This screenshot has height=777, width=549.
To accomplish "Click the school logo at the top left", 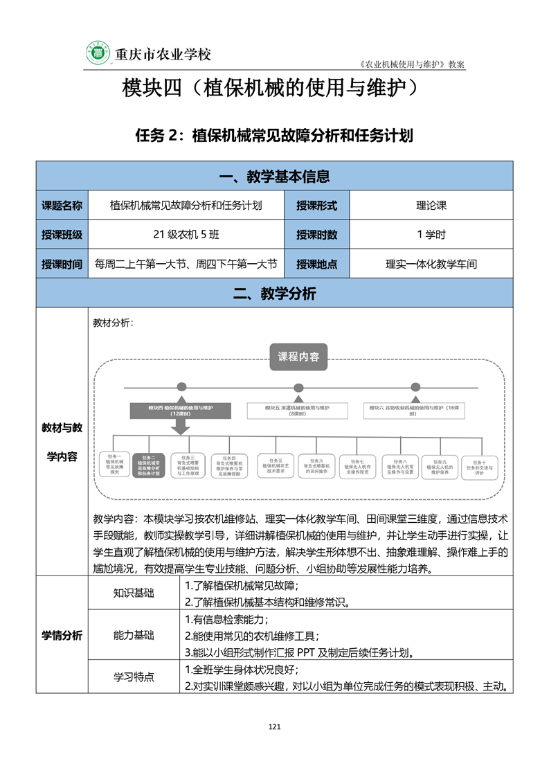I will pyautogui.click(x=98, y=54).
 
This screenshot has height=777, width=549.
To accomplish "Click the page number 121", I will pyautogui.click(x=274, y=726).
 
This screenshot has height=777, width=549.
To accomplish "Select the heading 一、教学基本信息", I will pyautogui.click(x=274, y=177).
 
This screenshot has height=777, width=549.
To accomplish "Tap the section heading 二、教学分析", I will pyautogui.click(x=274, y=294).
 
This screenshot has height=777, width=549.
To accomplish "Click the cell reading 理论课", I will pyautogui.click(x=431, y=205).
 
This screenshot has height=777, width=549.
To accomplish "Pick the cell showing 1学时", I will pyautogui.click(x=431, y=235).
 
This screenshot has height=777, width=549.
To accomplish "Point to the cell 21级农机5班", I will pyautogui.click(x=186, y=235).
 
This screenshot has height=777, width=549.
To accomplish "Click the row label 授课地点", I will pyautogui.click(x=316, y=264).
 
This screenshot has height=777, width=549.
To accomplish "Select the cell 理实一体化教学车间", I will pyautogui.click(x=431, y=264).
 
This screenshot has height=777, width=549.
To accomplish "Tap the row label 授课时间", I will pyautogui.click(x=62, y=264).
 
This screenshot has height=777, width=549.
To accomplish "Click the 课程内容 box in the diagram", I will pyautogui.click(x=298, y=357).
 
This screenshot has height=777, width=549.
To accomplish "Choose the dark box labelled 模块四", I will pyautogui.click(x=180, y=411).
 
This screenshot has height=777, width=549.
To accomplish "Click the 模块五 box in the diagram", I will pyautogui.click(x=298, y=411).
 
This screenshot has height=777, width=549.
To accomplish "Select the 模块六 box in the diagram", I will pyautogui.click(x=415, y=411).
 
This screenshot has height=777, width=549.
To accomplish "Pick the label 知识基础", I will pyautogui.click(x=134, y=593).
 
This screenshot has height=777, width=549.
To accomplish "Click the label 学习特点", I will pyautogui.click(x=134, y=677).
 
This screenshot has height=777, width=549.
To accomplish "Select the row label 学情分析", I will pyautogui.click(x=62, y=635).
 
